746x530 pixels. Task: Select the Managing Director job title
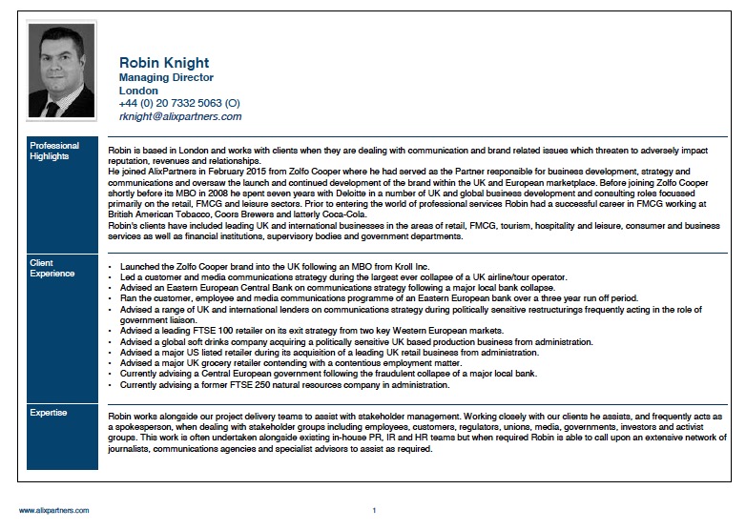tap(166, 77)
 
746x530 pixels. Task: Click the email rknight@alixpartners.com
tap(180, 116)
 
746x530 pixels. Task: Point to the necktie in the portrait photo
tap(53, 108)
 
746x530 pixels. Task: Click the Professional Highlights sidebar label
tap(54, 152)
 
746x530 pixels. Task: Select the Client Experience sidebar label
tap(52, 268)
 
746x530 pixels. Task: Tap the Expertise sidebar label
tap(49, 412)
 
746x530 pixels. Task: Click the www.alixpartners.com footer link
tap(53, 510)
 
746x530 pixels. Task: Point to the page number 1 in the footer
tap(374, 510)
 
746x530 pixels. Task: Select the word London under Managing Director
tap(137, 91)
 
